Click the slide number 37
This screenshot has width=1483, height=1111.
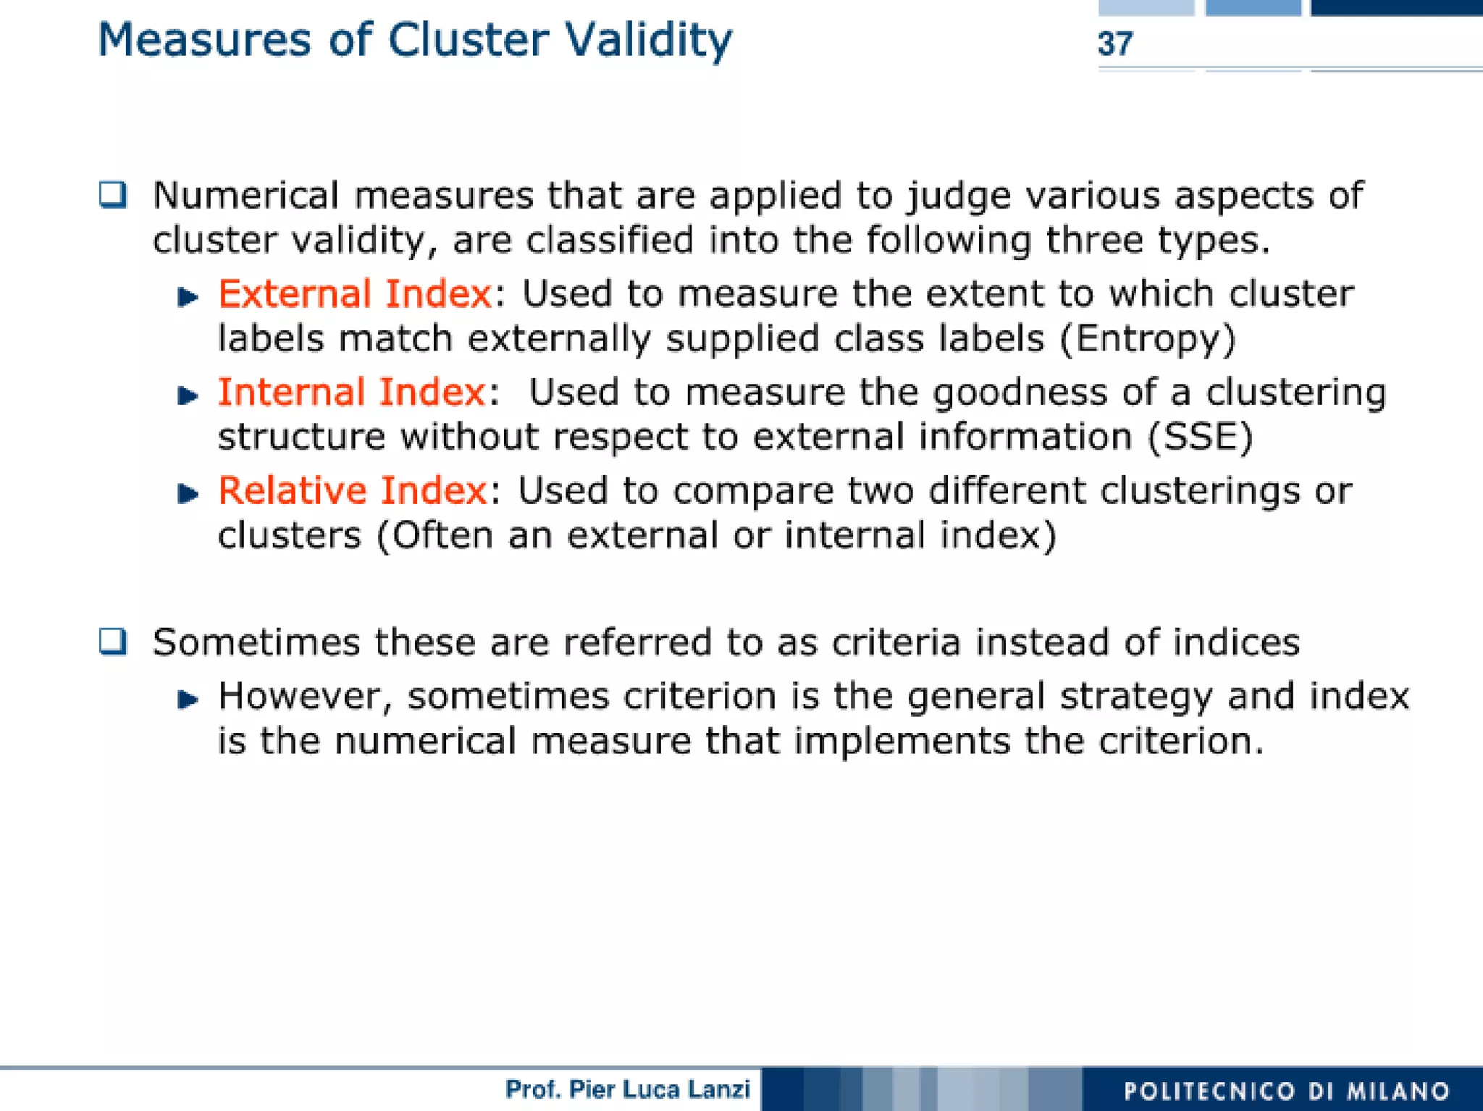(x=1114, y=44)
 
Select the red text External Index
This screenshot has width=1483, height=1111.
(x=355, y=294)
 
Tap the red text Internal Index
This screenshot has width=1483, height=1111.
(x=352, y=393)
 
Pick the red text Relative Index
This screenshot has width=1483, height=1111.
(x=353, y=491)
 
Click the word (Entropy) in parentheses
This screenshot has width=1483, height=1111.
(x=1148, y=339)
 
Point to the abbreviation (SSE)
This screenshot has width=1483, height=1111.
(x=1200, y=437)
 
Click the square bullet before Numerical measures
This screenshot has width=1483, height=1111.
(x=113, y=195)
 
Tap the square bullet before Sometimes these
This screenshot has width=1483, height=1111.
(x=113, y=642)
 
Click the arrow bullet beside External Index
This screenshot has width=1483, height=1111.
(x=188, y=297)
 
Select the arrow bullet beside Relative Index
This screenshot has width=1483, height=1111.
(x=188, y=494)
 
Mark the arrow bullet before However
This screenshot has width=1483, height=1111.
(x=188, y=699)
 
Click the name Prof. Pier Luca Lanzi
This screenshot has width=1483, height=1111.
(x=627, y=1089)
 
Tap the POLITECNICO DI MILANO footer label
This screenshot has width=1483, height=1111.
(x=1286, y=1091)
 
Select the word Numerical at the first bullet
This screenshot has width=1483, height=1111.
(x=245, y=196)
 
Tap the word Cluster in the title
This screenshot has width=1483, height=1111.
(x=468, y=40)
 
